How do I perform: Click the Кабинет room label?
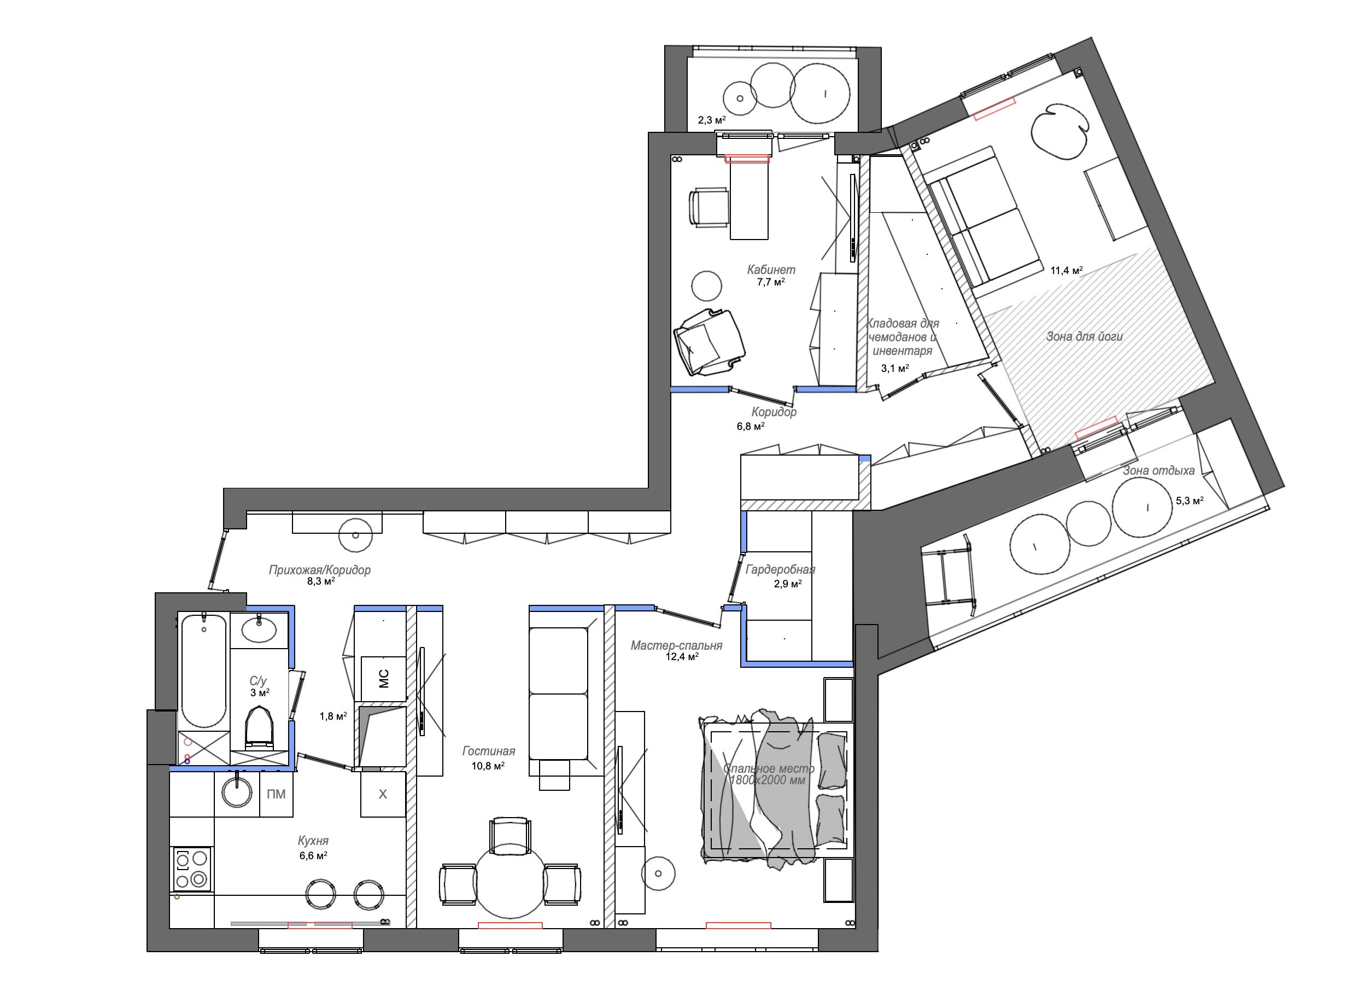pos(771,270)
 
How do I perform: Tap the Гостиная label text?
pos(489,751)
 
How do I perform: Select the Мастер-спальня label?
pos(677,645)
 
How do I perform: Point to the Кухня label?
pos(313,841)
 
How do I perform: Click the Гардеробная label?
pos(781,569)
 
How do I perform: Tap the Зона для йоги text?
pos(1084,336)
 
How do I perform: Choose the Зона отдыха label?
pos(1158,470)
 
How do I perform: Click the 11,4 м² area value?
pos(1066,271)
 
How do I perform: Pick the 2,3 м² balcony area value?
pos(712,120)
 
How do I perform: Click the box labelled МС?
pos(383,679)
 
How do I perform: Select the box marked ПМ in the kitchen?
pos(276,794)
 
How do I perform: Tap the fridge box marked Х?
pos(383,794)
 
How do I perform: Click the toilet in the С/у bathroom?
pos(260,727)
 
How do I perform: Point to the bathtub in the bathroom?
pos(204,670)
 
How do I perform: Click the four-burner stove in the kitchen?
pos(192,869)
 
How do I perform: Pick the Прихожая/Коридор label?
pos(320,570)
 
